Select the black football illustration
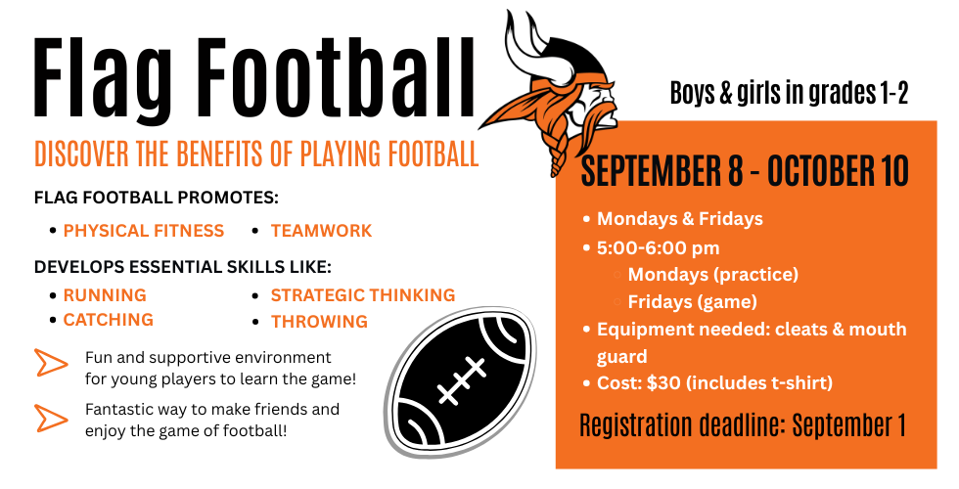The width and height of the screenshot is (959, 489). coord(463,382)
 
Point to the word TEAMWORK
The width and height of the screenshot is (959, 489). coord(321,231)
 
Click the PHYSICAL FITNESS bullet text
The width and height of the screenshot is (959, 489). coord(144,231)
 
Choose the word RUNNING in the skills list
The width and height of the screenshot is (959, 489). coord(105,295)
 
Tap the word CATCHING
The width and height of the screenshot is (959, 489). coord(109,320)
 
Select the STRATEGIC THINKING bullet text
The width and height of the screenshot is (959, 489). coord(363,295)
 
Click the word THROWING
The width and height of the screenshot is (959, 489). coord(319,322)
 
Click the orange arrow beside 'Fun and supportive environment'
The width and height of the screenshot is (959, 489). coord(51,363)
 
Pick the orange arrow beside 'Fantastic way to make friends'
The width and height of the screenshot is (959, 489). coord(51,419)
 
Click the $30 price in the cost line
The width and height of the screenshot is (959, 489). coord(663,383)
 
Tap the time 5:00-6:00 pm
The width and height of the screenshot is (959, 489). coord(658,248)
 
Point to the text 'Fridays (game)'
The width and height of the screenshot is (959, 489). coord(693,302)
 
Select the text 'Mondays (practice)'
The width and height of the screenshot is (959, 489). coord(713,275)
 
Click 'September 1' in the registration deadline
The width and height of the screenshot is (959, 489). coord(849,425)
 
